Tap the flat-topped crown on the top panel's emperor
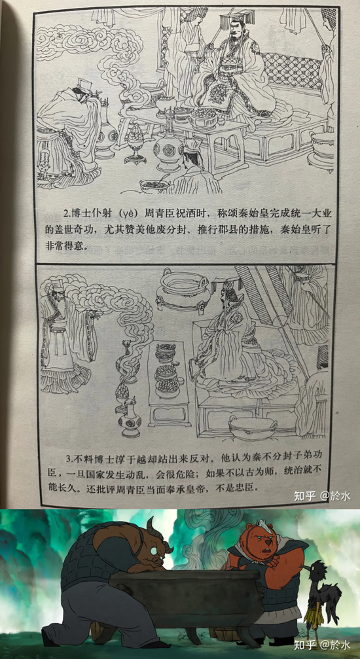238,18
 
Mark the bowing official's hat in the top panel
84,84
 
